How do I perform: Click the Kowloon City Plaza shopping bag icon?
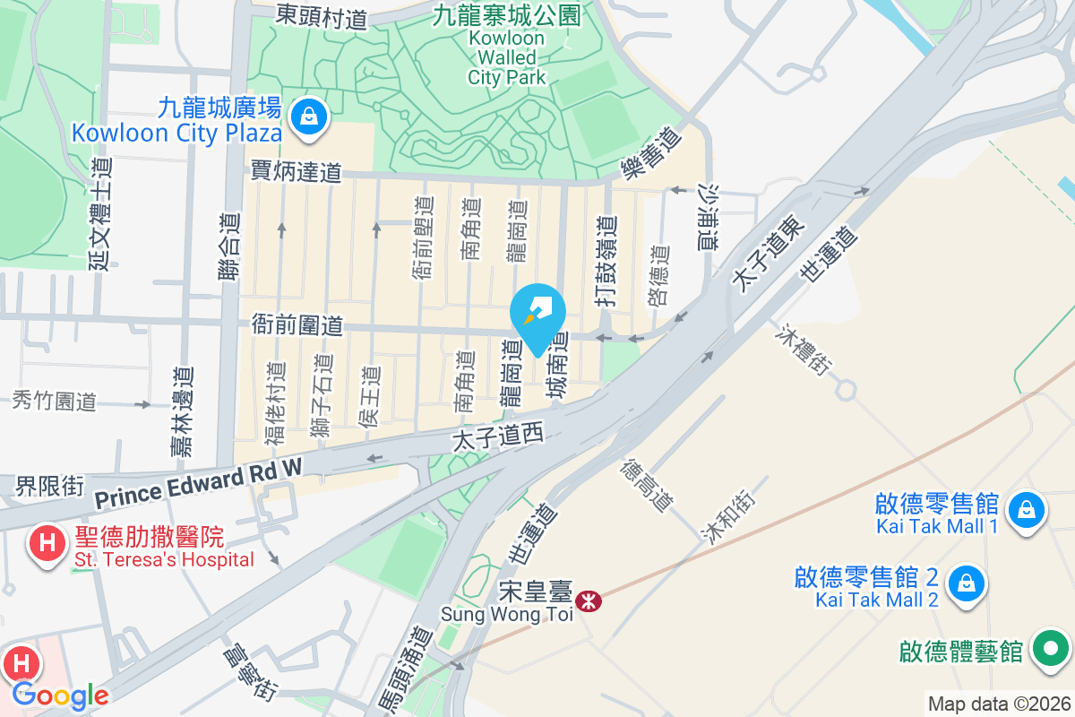[x=308, y=117]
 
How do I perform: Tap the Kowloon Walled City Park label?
[x=506, y=57]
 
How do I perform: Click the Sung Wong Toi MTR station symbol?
[x=589, y=600]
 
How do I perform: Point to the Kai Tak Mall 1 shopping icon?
[x=1023, y=511]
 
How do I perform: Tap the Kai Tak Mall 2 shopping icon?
[x=966, y=582]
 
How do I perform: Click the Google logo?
[x=60, y=695]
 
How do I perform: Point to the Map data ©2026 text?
[x=998, y=704]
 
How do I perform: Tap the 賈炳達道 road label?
[x=297, y=171]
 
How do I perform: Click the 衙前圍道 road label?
[x=298, y=324]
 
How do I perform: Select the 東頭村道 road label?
[x=322, y=15]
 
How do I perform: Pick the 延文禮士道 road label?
[x=101, y=213]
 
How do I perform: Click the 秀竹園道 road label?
[x=55, y=401]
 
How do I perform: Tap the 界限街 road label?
[x=49, y=487]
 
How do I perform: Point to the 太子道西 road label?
[x=498, y=438]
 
